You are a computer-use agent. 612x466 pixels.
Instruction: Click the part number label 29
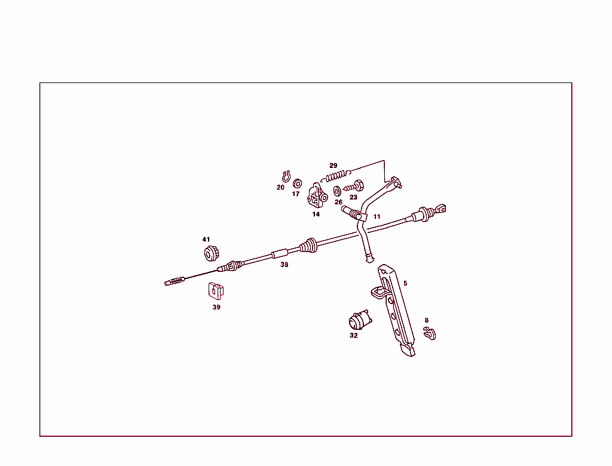point(333,165)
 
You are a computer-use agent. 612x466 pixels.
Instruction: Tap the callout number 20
point(280,188)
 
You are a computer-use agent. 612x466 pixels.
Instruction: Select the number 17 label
point(295,194)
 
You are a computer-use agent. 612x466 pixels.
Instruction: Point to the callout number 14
point(316,214)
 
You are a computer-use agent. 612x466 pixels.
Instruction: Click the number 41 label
point(206,239)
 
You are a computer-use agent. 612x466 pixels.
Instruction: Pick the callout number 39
point(216,307)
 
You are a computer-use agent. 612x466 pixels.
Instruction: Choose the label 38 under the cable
point(284,265)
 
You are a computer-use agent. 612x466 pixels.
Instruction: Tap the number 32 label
point(353,335)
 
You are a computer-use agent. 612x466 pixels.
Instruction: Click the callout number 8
point(427,320)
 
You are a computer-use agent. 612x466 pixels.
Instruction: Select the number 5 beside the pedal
point(405,283)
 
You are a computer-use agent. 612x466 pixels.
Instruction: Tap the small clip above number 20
point(286,176)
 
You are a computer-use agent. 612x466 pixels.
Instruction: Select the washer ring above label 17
point(298,183)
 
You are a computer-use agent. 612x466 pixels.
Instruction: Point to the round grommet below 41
point(212,254)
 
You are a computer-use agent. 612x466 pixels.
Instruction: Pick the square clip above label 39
point(215,290)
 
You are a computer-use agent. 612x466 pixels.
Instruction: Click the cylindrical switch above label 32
point(359,320)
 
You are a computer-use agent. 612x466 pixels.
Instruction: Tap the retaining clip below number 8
point(429,333)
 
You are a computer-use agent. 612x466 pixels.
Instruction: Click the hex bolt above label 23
point(353,186)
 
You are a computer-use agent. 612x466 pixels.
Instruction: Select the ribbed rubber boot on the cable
point(308,245)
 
